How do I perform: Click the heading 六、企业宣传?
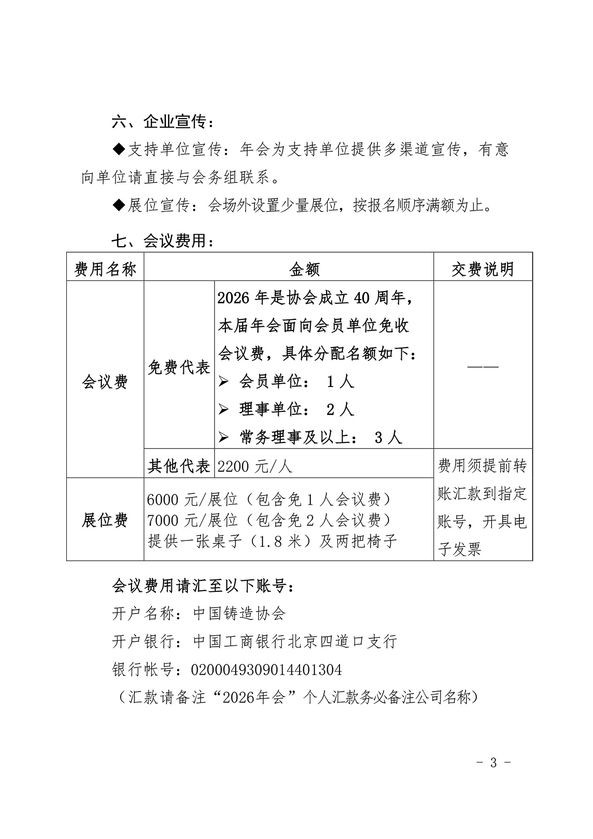pyautogui.click(x=163, y=121)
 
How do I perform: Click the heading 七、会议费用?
pyautogui.click(x=163, y=241)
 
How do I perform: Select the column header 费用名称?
pyautogui.click(x=105, y=269)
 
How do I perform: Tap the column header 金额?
pyautogui.click(x=304, y=269)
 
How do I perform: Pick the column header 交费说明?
pyautogui.click(x=482, y=269)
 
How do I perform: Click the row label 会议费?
pyautogui.click(x=105, y=382)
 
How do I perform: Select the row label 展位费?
pyautogui.click(x=105, y=520)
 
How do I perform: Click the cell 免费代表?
pyautogui.click(x=179, y=367)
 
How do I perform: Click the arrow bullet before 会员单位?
pyautogui.click(x=224, y=382)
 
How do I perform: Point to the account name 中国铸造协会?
pyautogui.click(x=239, y=614)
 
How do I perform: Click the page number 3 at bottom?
pyautogui.click(x=493, y=762)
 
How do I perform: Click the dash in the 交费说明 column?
pyautogui.click(x=483, y=367)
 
